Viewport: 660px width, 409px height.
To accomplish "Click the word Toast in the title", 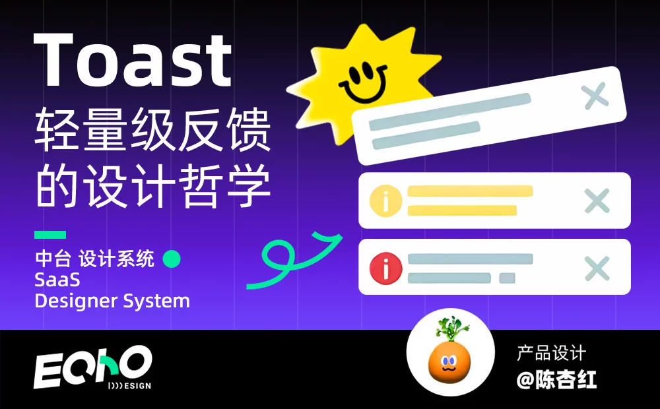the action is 133,60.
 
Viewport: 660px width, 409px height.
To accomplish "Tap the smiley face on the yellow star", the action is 363,82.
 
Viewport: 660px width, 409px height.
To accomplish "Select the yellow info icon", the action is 385,201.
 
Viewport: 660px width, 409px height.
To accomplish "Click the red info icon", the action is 385,268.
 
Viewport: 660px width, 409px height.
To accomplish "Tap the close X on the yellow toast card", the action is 597,201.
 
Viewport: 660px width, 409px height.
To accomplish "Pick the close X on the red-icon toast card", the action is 597,268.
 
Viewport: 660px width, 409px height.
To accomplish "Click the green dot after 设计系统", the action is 172,259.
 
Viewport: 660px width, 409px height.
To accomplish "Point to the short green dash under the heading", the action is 50,234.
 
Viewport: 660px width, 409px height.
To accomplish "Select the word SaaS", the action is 57,280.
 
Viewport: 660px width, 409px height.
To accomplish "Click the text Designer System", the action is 112,301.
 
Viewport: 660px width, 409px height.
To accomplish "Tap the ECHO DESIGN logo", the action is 92,367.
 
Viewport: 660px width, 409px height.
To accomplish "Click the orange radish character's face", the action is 449,363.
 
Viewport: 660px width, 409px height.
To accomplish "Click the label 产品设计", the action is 551,353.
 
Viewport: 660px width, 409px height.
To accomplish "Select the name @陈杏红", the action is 556,379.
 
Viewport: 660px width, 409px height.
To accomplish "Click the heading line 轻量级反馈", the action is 152,129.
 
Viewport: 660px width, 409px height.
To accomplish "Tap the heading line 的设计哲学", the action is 152,185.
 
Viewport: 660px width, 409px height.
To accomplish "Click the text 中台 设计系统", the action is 94,259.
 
